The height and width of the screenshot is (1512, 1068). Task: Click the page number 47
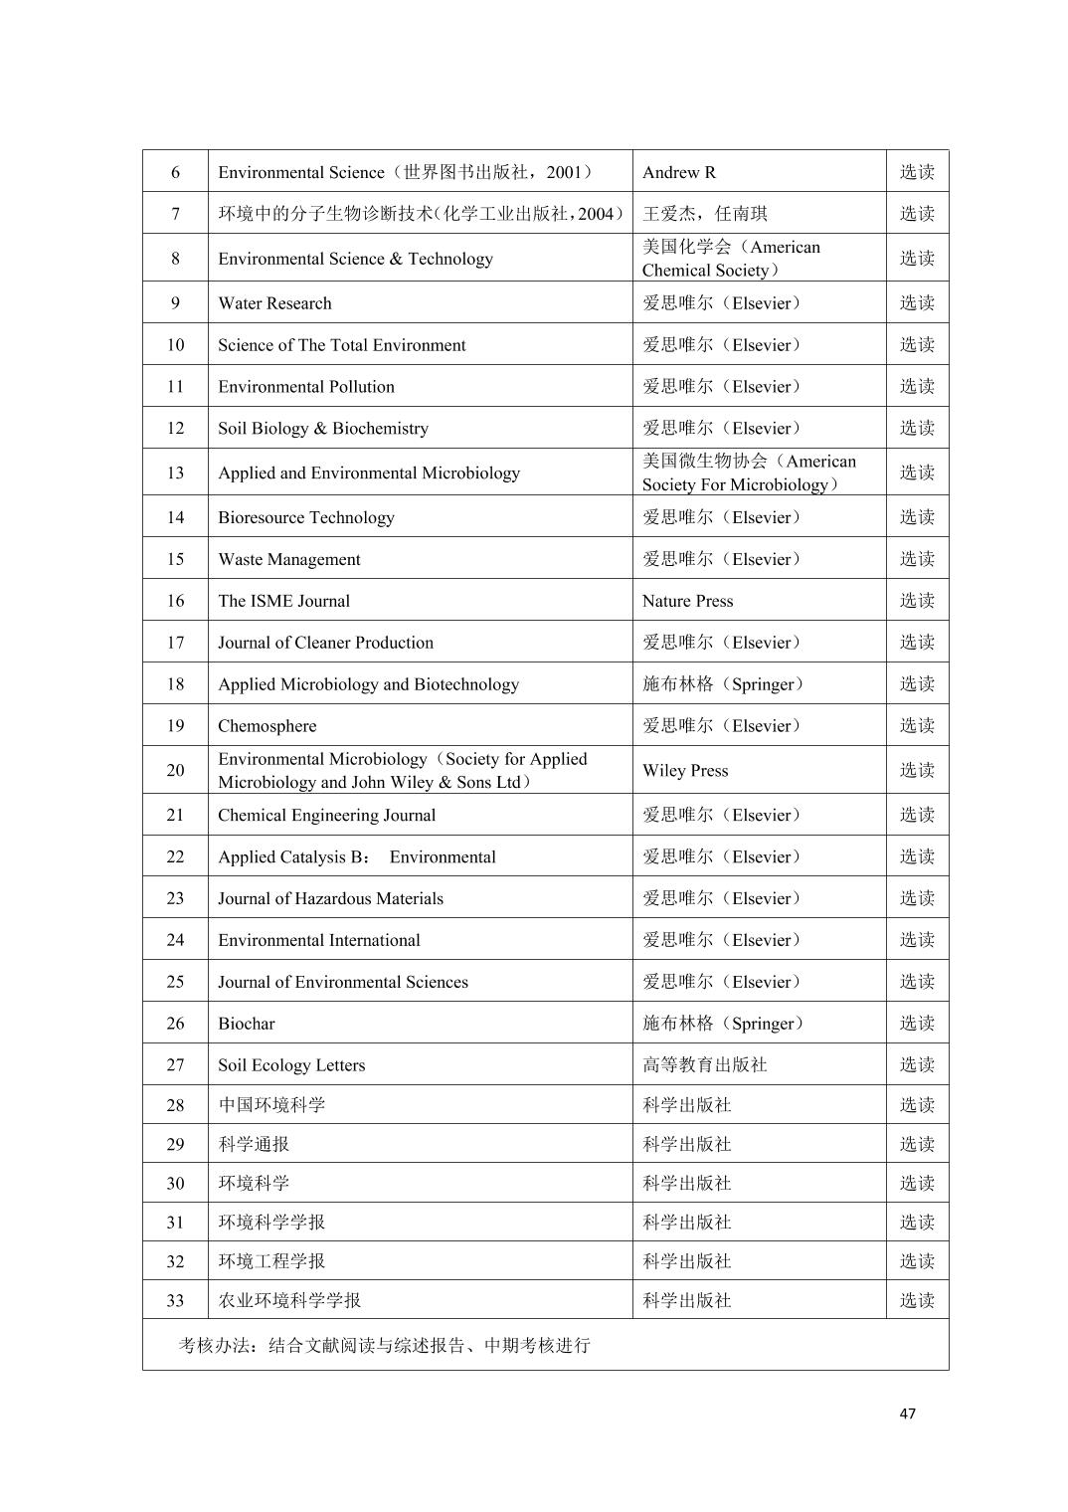(907, 1414)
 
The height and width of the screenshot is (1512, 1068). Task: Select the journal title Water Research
(274, 303)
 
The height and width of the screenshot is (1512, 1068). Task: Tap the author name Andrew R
(679, 172)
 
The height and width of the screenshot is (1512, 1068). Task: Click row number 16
(175, 601)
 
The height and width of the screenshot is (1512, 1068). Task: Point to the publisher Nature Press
(687, 601)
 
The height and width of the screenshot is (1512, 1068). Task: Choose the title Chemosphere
(267, 726)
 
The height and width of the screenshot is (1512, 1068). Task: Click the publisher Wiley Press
(685, 771)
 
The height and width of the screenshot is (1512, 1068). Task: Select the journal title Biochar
(246, 1024)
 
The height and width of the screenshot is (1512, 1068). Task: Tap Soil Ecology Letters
(291, 1065)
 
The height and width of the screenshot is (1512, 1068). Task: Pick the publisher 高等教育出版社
(704, 1065)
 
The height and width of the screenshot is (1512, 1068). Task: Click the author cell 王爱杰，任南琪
(704, 214)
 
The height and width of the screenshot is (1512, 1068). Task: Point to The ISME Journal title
(283, 601)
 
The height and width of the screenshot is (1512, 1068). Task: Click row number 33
(175, 1301)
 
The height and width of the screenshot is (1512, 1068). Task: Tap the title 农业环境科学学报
(289, 1301)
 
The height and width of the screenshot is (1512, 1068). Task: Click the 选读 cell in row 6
(917, 172)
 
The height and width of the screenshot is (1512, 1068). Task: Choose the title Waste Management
(288, 559)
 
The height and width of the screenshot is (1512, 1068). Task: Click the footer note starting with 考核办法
(384, 1346)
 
